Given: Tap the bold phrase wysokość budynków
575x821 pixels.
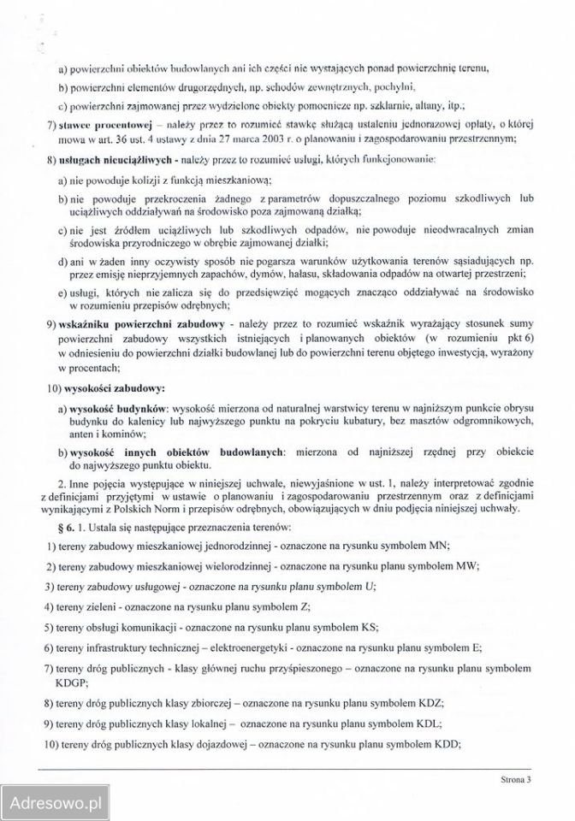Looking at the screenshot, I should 116,410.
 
